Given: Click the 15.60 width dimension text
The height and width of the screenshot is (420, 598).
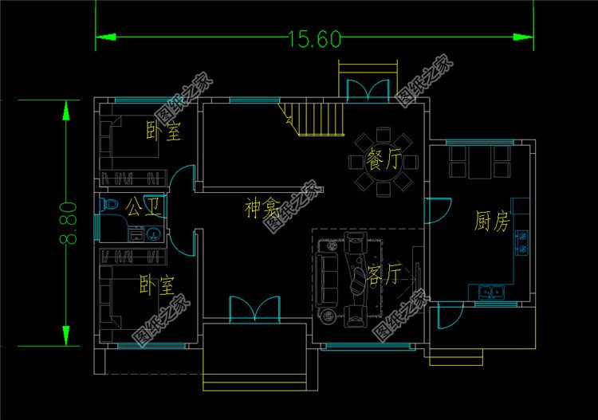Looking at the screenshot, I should click(x=314, y=39).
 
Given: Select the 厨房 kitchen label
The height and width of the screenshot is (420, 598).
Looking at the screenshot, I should click(x=491, y=221).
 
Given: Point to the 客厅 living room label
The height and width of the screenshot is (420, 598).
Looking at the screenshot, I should click(x=384, y=275).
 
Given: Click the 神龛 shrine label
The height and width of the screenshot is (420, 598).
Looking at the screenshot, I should click(x=262, y=210).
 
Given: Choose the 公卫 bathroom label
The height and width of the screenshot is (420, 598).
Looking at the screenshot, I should click(x=144, y=209).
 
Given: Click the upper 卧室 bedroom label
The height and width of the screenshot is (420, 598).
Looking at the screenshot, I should click(x=163, y=131).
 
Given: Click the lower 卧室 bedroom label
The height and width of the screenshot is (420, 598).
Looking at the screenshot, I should click(x=156, y=284).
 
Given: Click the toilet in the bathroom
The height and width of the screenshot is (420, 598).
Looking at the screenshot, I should click(x=109, y=206).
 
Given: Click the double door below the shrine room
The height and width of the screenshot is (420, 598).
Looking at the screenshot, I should click(x=255, y=309).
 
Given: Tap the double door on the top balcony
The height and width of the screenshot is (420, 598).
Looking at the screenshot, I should click(x=368, y=89).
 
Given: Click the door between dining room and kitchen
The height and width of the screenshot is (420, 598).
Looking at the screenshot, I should click(x=435, y=210).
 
